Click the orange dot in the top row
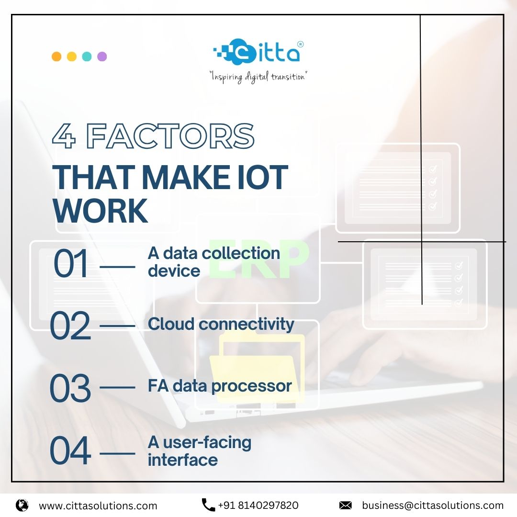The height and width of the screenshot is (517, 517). click(56, 56)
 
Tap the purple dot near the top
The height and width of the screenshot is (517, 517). click(102, 56)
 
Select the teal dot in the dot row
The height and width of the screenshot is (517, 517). click(87, 56)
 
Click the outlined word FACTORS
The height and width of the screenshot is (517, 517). click(170, 136)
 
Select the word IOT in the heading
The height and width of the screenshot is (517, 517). click(263, 177)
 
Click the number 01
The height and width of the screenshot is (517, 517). click(71, 264)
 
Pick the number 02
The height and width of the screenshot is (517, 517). click(70, 326)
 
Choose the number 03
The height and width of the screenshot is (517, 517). click(70, 388)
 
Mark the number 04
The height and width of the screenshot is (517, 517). click(70, 451)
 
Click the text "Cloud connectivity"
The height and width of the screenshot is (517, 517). click(221, 324)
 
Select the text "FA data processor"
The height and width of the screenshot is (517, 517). click(220, 386)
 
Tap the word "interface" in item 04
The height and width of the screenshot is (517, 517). click(183, 460)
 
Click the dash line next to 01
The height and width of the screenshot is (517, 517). click(118, 264)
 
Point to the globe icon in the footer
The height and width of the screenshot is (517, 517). click(22, 505)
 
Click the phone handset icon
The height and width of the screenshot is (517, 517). click(208, 505)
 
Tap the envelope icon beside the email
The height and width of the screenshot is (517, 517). click(345, 505)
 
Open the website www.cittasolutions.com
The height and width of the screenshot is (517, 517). click(98, 506)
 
